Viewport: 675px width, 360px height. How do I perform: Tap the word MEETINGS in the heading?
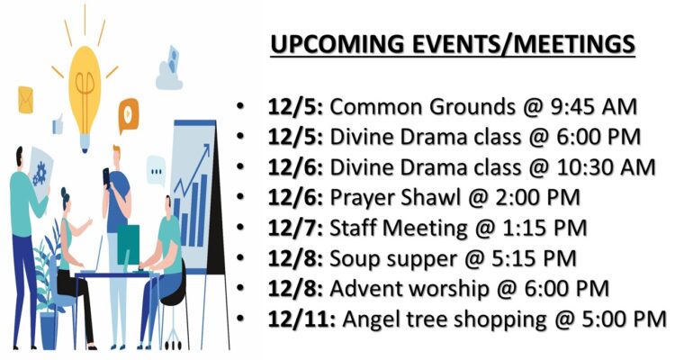(567, 44)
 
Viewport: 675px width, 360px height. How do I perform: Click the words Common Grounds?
(422, 107)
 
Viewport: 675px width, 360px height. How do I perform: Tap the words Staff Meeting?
(398, 229)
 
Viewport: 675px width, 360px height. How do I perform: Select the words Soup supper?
(393, 259)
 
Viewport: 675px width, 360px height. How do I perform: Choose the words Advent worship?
(409, 289)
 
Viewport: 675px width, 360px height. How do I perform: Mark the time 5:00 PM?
(625, 319)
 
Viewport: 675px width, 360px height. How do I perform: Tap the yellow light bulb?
(85, 94)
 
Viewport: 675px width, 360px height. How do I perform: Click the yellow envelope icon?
(25, 100)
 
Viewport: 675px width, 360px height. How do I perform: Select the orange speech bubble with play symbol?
(129, 113)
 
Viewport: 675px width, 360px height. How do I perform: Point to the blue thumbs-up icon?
(58, 124)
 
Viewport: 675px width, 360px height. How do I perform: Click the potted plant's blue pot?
(49, 330)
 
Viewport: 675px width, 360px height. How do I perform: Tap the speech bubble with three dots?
(156, 171)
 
